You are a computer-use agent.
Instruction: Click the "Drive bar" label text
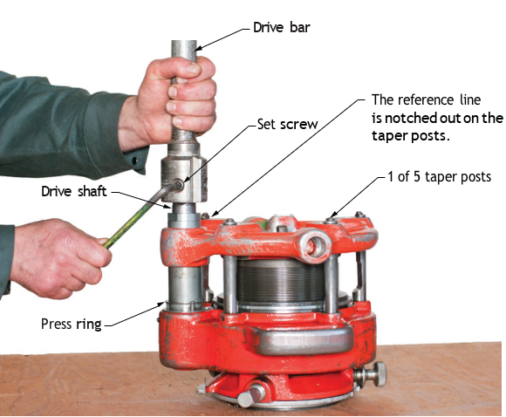282,27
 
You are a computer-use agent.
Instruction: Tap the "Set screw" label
288,124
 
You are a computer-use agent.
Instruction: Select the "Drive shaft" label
74,191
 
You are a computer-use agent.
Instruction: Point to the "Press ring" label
72,324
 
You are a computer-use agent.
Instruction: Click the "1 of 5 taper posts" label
439,177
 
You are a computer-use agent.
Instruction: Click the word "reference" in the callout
426,99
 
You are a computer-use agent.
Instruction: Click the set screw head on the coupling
179,185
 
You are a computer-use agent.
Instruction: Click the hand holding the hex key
58,258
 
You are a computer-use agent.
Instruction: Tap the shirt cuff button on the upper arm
135,160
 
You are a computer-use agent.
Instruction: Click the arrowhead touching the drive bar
197,49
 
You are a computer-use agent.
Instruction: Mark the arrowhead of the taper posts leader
333,215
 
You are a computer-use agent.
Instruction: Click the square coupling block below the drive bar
184,179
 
